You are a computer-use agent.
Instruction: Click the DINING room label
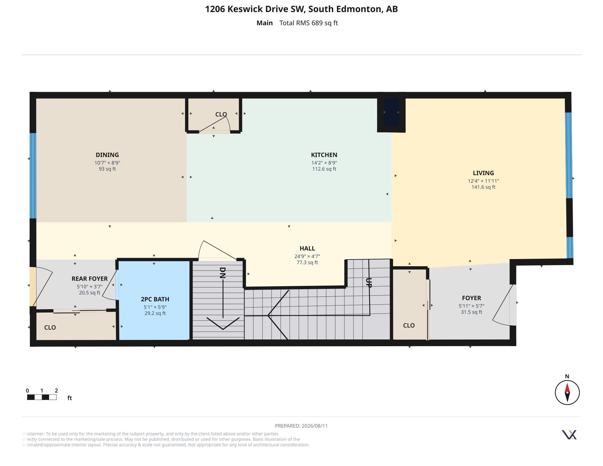(x=107, y=155)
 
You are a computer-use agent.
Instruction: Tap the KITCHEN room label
(x=324, y=155)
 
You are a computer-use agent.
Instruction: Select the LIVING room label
(x=483, y=173)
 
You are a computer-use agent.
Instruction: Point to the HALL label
(x=307, y=248)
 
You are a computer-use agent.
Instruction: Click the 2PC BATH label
(x=155, y=299)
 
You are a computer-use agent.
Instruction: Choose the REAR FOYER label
(x=89, y=279)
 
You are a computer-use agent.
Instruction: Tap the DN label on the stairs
(x=223, y=273)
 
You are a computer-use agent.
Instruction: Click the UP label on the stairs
(x=369, y=283)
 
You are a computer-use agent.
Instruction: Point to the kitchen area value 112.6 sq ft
(x=324, y=169)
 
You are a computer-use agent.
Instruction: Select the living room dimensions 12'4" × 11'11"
(x=483, y=181)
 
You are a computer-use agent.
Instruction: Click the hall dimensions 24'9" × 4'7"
(x=307, y=257)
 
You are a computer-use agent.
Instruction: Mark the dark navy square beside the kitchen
(x=391, y=112)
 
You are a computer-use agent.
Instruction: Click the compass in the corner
(x=567, y=392)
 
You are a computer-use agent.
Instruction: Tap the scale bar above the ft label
(x=42, y=397)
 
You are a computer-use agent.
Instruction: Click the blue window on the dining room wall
(x=33, y=176)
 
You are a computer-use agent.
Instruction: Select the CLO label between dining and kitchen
(x=221, y=114)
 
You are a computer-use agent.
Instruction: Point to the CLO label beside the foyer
(x=409, y=325)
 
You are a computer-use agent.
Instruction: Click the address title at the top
(x=301, y=9)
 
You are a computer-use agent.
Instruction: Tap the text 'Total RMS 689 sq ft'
(x=308, y=23)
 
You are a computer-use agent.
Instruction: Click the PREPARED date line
(x=301, y=426)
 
